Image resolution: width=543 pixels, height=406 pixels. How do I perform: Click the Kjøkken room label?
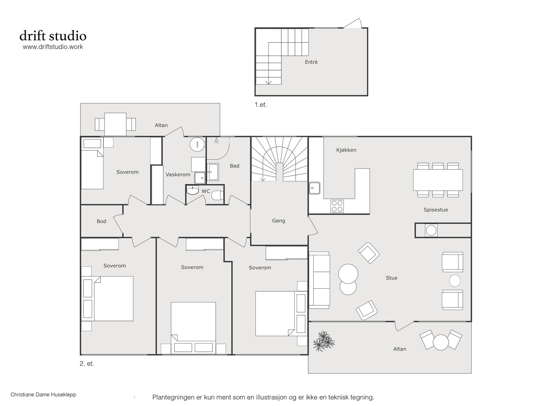coord(346,150)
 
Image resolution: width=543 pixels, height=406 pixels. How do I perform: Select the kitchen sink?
coord(314,188)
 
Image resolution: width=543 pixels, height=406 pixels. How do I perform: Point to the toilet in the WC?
coord(218,195)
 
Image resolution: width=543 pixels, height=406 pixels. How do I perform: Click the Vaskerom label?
coord(178,175)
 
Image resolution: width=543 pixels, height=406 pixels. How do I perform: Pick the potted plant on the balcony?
coord(323,341)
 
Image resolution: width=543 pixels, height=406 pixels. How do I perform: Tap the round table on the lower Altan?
coord(441,342)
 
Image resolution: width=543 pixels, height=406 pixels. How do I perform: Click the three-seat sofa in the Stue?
coord(319,280)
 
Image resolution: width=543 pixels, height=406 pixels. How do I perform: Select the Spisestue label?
coord(436,210)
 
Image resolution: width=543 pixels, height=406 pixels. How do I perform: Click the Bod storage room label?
coord(101,221)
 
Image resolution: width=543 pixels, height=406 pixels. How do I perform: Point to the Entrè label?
coord(311,62)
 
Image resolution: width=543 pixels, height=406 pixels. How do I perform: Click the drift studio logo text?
coord(53,36)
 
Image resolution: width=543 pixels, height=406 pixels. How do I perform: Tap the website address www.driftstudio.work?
coord(53,47)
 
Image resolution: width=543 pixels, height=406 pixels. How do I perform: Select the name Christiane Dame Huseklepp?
coord(43,394)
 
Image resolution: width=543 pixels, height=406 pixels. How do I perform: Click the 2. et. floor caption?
coord(87,364)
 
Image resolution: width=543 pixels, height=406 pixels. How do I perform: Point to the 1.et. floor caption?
coord(261,104)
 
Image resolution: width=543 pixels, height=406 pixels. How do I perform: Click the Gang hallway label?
coord(279,221)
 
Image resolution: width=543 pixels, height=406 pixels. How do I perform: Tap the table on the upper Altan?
coord(115,124)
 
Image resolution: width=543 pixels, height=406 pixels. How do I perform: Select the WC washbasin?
coord(192,190)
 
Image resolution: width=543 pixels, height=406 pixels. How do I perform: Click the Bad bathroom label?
coord(235,166)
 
